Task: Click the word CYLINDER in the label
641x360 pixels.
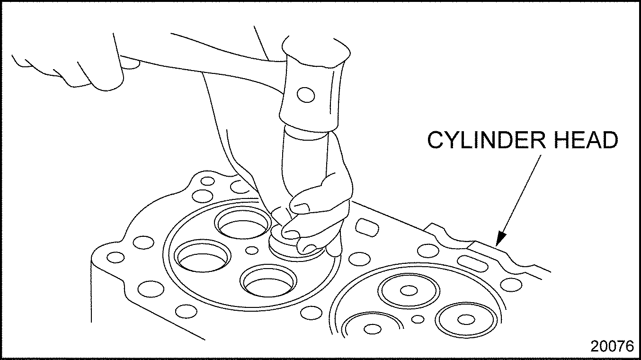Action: tap(487, 140)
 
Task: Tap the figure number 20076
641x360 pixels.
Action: tap(612, 346)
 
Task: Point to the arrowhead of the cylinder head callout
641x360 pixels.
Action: tap(500, 238)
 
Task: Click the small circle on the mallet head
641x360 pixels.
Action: tap(306, 95)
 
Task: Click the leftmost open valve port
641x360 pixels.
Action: tap(203, 256)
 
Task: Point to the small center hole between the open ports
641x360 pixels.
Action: tap(252, 250)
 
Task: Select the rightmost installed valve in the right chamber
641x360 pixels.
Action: tap(466, 319)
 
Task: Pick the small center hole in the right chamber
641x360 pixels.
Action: tap(418, 319)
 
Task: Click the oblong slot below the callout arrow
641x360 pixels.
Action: tap(472, 263)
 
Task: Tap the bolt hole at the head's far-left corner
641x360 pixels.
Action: tap(116, 257)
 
